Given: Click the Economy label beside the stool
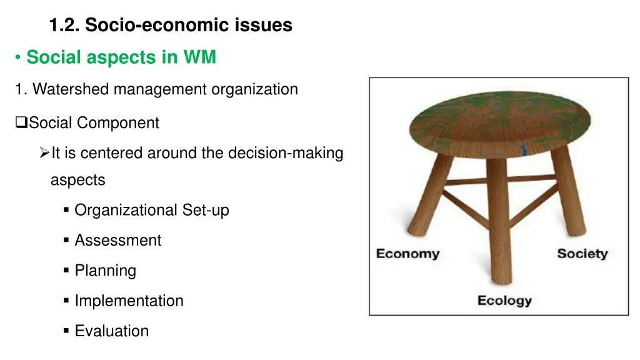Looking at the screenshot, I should [x=407, y=254].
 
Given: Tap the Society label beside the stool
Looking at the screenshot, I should [x=582, y=254].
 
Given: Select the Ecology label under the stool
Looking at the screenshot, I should [x=504, y=301].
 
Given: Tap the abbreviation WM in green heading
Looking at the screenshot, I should [x=199, y=57].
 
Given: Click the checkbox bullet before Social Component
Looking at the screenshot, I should [x=21, y=123].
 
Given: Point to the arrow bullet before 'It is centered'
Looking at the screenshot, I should [x=44, y=153].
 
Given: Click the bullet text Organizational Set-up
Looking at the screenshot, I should [x=152, y=210].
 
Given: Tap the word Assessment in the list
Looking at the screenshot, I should [x=118, y=241].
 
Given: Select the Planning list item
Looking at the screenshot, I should [x=106, y=271].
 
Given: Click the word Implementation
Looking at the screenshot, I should [x=129, y=301].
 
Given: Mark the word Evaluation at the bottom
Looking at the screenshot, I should [x=112, y=331].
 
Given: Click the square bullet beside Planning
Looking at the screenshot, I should [x=66, y=271].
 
